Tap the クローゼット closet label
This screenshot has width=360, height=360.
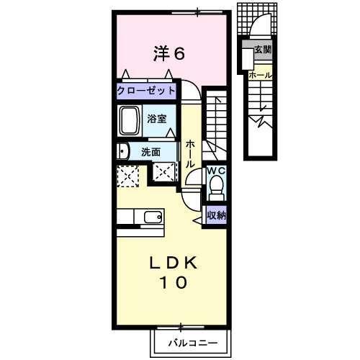click(148, 91)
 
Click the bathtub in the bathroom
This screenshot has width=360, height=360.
click(131, 121)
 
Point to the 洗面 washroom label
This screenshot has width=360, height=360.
click(150, 152)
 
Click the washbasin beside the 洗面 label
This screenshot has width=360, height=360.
click(122, 151)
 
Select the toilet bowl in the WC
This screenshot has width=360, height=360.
click(216, 189)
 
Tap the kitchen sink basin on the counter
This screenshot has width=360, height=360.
click(153, 217)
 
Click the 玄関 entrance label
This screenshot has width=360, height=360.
click(262, 50)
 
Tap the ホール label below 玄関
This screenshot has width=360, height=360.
click(259, 75)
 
